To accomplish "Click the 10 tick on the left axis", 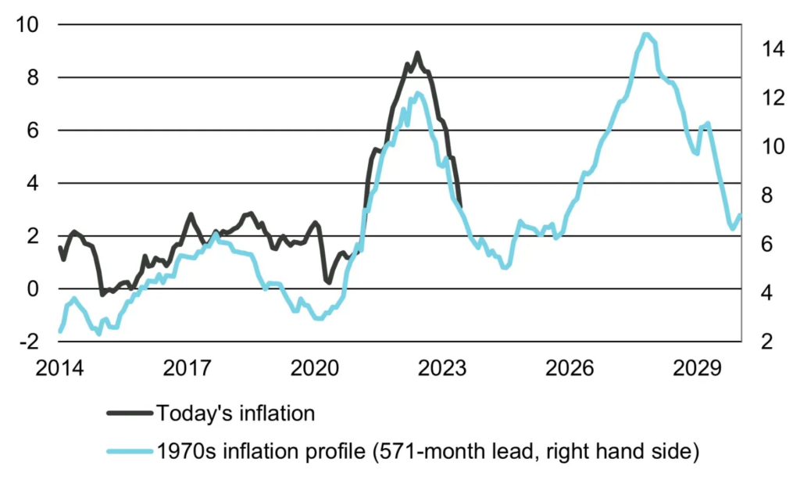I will pyautogui.click(x=26, y=24).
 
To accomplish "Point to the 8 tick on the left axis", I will pyautogui.click(x=31, y=77).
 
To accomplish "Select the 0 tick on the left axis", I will pyautogui.click(x=31, y=288).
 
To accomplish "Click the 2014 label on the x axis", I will pyautogui.click(x=59, y=367).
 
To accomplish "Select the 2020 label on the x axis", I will pyautogui.click(x=316, y=367).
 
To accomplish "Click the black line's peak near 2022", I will pyautogui.click(x=417, y=53).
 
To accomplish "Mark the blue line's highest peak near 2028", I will pyautogui.click(x=645, y=34).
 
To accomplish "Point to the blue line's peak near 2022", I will pyautogui.click(x=418, y=93).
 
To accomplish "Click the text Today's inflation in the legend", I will pyautogui.click(x=235, y=412).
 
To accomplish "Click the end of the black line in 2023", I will pyautogui.click(x=461, y=206).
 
